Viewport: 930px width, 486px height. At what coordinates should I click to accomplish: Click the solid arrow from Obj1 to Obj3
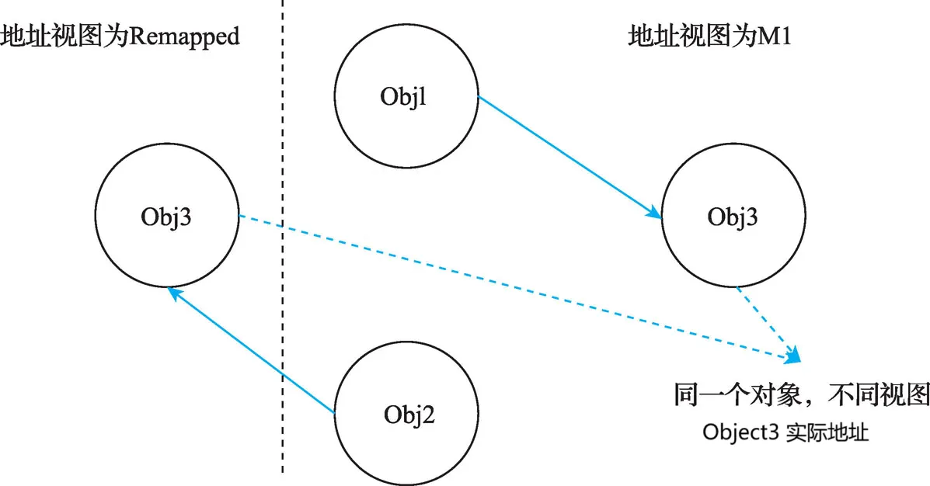click(x=569, y=157)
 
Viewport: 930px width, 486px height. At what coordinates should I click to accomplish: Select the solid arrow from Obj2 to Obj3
click(x=252, y=349)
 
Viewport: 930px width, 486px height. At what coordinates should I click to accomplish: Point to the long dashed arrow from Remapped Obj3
click(x=519, y=287)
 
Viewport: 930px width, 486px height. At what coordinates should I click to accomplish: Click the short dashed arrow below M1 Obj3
click(x=768, y=325)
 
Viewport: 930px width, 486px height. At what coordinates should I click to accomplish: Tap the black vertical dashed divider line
click(x=282, y=237)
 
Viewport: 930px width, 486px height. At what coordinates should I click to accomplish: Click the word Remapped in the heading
click(x=184, y=37)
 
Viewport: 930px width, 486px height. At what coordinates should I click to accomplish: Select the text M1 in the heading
click(x=775, y=36)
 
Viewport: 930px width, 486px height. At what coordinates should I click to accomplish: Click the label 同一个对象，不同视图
click(x=801, y=394)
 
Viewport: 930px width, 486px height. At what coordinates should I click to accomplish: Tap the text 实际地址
click(x=827, y=432)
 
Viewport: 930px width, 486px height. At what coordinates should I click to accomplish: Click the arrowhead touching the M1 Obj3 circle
click(x=655, y=212)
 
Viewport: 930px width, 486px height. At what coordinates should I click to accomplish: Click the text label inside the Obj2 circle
click(x=409, y=415)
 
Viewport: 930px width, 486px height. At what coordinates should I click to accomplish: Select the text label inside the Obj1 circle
click(x=403, y=96)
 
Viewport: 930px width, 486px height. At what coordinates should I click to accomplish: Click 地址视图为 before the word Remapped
click(x=64, y=36)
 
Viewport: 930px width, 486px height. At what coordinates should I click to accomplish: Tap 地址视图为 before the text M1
click(x=693, y=36)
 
